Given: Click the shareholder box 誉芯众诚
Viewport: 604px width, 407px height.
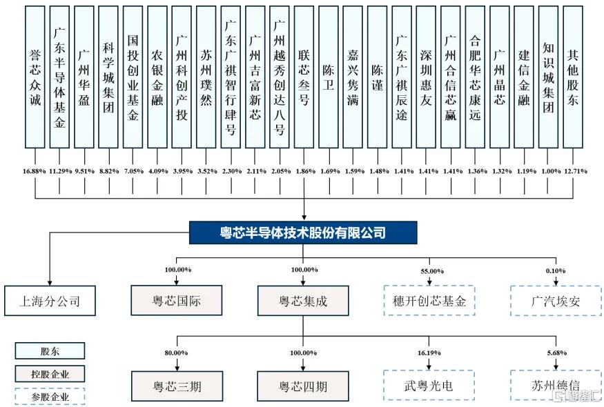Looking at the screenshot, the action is coord(35,77).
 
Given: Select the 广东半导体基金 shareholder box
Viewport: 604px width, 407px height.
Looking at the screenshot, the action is coord(59,77).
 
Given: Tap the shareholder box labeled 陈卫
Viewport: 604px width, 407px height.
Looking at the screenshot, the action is coord(328,77).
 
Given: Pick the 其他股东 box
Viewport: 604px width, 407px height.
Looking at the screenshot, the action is coord(573,77).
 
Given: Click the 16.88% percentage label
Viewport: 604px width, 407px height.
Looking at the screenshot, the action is coord(35,171).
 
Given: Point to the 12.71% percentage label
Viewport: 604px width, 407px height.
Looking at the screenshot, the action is coord(576,171).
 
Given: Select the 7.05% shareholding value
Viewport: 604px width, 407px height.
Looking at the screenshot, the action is coord(134,171).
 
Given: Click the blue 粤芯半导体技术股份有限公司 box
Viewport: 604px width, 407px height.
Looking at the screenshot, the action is coord(303,232).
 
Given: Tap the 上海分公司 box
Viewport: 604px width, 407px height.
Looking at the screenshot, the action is coord(50,301).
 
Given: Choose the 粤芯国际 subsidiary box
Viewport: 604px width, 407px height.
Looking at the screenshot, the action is coord(177,300).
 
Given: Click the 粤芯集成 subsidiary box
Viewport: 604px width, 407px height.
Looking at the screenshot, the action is coord(303,300).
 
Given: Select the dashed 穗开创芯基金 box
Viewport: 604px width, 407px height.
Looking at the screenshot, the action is coord(429,301).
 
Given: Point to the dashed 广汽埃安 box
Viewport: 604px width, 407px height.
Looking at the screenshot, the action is coord(556,301).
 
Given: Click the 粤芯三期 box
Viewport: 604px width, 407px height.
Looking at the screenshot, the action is coord(177,386).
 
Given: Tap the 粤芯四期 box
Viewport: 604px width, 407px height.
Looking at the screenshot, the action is coord(303,386).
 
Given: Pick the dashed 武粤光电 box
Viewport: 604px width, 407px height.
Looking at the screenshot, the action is coord(429,386).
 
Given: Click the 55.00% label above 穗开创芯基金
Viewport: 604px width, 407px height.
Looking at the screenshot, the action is coord(432,272).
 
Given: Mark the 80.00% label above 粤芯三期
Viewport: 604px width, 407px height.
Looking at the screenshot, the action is coord(177,353).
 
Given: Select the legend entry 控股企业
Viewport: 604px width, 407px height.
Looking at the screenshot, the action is coord(50,374).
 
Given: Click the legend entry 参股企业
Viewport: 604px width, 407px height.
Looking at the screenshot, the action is coord(50,397).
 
